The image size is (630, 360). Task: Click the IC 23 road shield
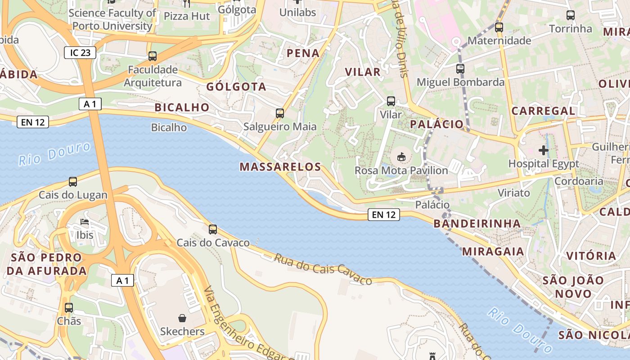click(80, 53)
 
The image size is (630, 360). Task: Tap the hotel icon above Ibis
click(85, 222)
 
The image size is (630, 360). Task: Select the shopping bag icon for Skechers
click(182, 318)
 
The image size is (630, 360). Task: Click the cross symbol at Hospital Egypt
click(544, 150)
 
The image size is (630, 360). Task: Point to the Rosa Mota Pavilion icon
click(401, 157)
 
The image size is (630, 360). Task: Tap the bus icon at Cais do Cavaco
click(213, 229)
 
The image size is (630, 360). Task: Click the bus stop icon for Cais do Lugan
click(73, 182)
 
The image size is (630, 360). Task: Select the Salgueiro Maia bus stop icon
click(280, 113)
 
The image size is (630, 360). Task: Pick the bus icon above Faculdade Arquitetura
click(153, 56)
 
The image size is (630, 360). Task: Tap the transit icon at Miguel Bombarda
click(460, 69)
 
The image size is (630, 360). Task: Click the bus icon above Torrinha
click(571, 15)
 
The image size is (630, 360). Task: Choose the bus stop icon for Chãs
click(69, 308)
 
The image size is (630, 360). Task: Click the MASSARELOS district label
click(280, 167)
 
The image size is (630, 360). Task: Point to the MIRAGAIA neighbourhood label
click(493, 251)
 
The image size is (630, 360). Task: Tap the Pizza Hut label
click(187, 16)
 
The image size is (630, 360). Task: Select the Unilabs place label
click(297, 13)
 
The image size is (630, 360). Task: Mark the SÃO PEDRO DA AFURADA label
click(46, 264)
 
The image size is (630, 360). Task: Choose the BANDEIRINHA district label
click(477, 224)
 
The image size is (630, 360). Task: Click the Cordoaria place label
click(579, 181)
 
